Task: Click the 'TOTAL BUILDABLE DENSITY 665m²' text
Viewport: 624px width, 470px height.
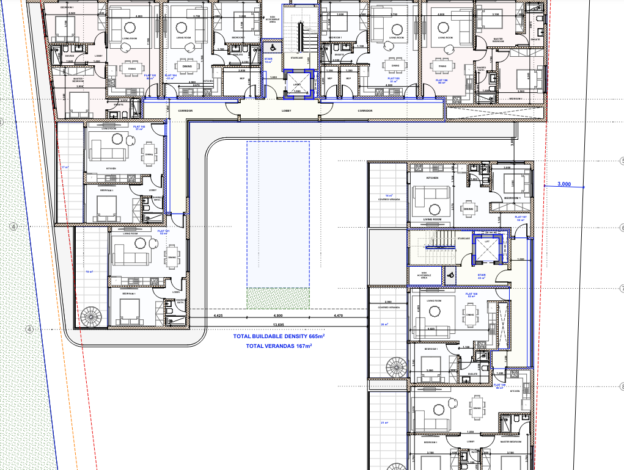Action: (279, 336)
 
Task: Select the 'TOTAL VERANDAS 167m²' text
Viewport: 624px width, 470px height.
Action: (279, 346)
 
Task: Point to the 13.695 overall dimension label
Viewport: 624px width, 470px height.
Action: (278, 324)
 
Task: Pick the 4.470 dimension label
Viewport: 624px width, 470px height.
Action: (339, 316)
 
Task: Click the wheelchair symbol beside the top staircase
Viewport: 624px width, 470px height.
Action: (269, 47)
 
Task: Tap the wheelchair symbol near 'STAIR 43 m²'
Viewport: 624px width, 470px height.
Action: (450, 275)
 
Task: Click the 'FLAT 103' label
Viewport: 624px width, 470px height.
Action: (150, 77)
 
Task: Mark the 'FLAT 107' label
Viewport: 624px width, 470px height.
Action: (521, 218)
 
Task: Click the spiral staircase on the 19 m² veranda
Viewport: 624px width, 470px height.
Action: (92, 316)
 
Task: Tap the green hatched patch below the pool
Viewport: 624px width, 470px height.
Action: (278, 298)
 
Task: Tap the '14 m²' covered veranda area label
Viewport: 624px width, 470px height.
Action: (384, 196)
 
